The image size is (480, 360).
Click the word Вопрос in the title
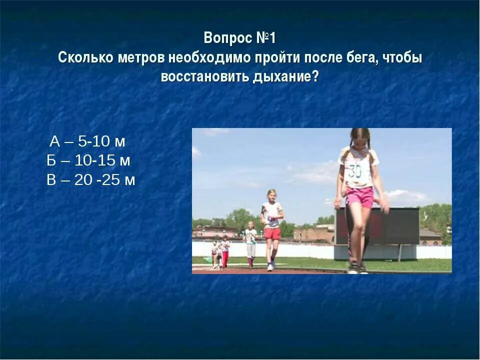pos(224,38)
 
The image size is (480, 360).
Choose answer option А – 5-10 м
pos(87,141)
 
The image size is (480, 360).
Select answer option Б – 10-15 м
pos(88,160)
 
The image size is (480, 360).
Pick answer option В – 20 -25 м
pos(91,180)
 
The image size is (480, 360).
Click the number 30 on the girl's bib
pos(355,171)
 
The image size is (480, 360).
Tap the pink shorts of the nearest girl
pos(360,196)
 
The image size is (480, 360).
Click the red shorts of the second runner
pos(272,233)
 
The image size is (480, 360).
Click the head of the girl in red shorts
pos(271,195)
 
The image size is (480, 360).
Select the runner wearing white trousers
pos(251,245)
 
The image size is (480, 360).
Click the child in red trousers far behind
pos(225,252)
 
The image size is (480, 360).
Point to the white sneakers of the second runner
pos(271,266)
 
